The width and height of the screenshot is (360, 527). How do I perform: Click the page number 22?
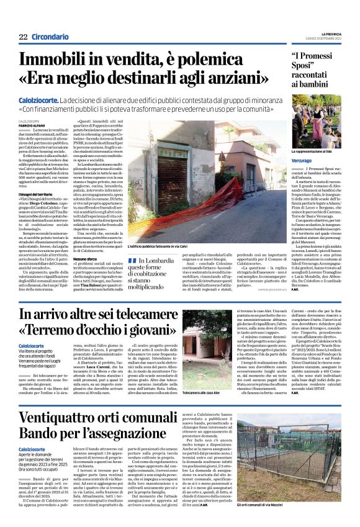click(x=23, y=37)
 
